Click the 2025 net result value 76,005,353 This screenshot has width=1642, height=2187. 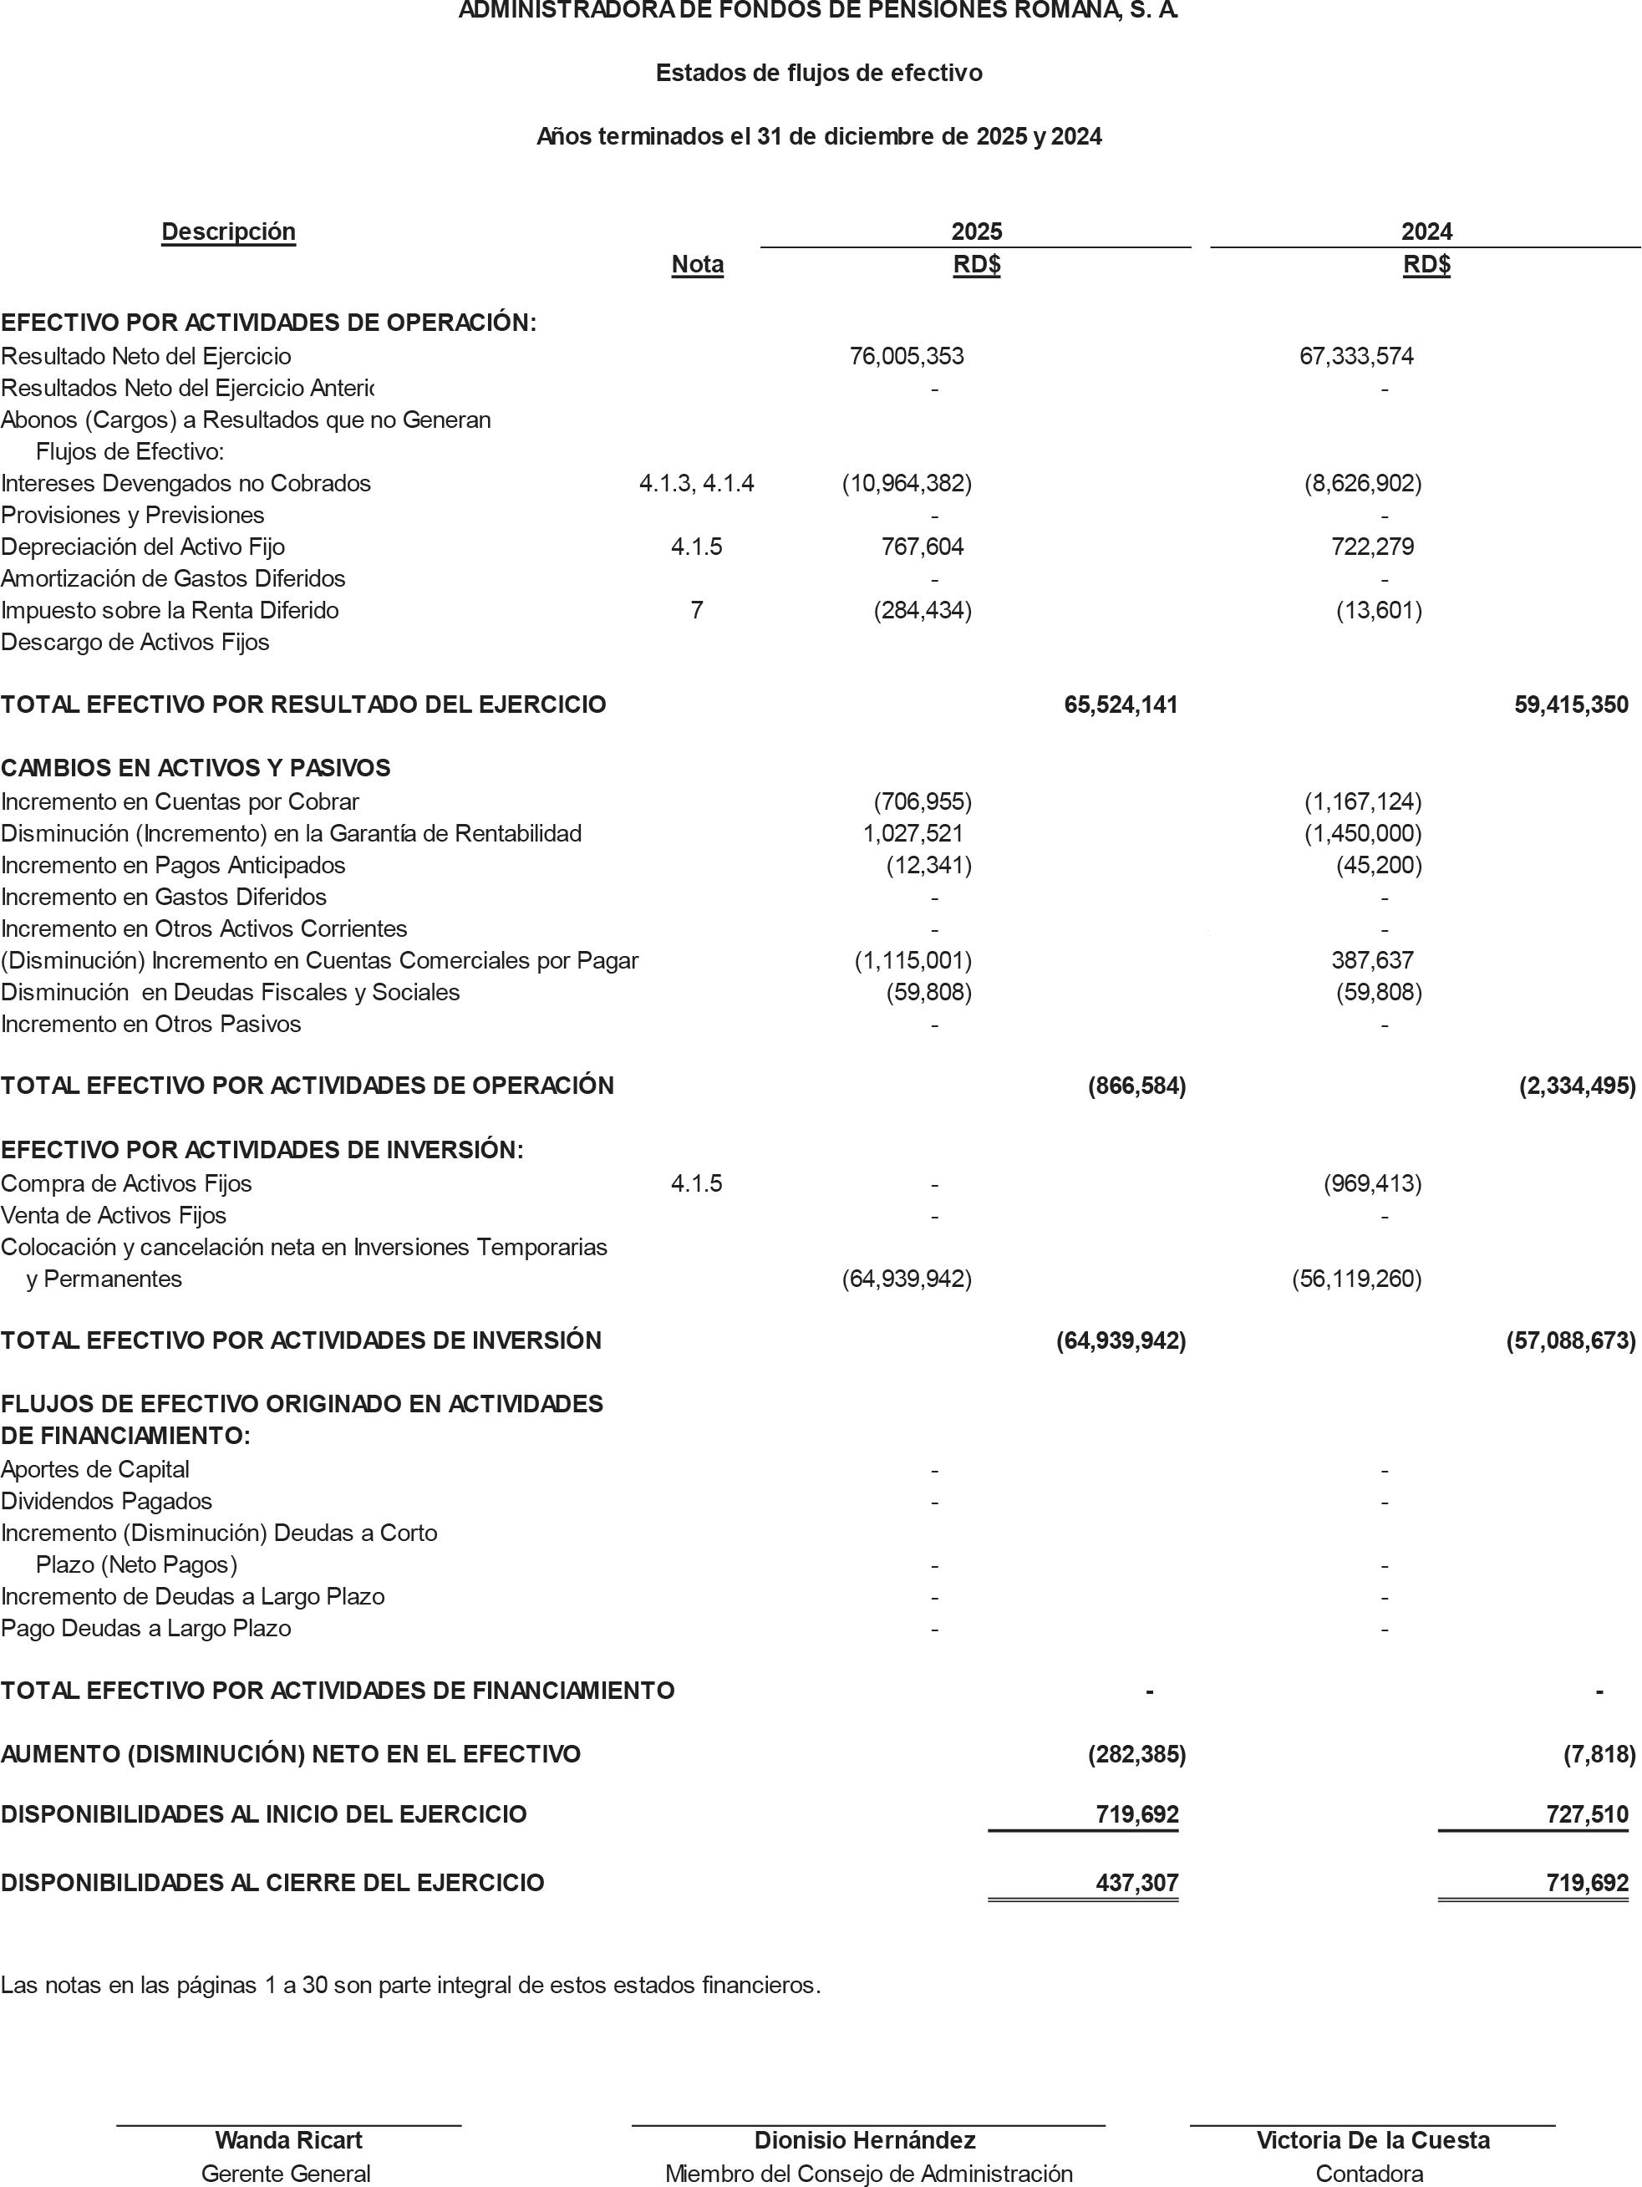[907, 356]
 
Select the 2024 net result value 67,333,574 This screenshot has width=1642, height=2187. [1356, 356]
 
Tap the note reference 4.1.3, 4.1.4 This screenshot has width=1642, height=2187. [696, 484]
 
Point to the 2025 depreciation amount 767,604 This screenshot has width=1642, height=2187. [923, 547]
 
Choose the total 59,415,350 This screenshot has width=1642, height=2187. [1571, 705]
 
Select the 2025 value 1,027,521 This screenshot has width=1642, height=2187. [913, 833]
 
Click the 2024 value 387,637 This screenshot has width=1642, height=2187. [1372, 960]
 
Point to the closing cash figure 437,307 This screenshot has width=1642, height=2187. [1136, 1883]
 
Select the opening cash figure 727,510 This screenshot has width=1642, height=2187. [1587, 1814]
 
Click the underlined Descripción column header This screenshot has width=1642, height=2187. [228, 231]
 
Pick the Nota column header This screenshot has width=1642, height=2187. [697, 264]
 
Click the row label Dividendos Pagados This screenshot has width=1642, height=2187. [107, 1501]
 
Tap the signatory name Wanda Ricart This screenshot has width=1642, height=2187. [288, 2139]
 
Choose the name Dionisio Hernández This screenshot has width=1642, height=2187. [865, 2139]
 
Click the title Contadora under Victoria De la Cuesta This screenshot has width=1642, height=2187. [1369, 2173]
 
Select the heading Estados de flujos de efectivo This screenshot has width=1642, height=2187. [819, 74]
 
